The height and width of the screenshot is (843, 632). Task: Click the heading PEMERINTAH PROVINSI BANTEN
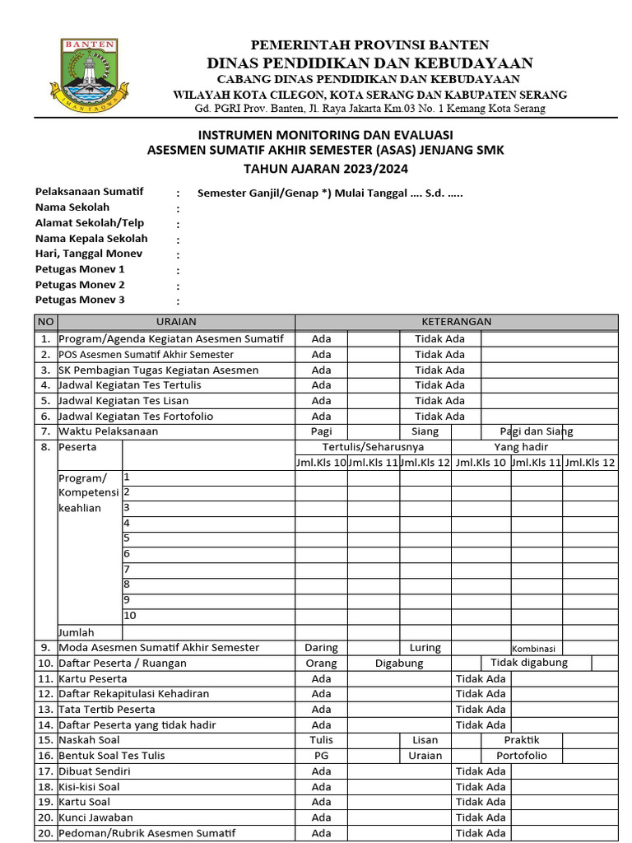point(369,44)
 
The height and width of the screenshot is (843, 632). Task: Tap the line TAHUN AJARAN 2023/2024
point(325,168)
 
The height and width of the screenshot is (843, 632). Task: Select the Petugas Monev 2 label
point(80,285)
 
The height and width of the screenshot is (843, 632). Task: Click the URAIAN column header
point(176,322)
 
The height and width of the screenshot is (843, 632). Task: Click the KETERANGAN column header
point(457,322)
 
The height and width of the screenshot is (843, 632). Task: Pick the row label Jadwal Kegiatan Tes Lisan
point(123,400)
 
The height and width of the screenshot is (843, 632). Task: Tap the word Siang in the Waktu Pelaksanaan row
point(425,431)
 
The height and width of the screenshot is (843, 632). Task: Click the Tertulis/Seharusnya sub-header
point(374,447)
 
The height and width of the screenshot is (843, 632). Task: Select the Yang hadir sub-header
point(521,447)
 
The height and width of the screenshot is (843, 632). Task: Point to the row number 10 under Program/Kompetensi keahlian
point(130,616)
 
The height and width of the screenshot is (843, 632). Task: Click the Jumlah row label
point(76,632)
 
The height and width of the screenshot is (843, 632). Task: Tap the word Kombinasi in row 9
point(534,649)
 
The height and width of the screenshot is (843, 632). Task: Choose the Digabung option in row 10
point(399,663)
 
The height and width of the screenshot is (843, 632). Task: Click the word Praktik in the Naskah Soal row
point(522,740)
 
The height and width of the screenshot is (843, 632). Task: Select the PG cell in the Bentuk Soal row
point(321,756)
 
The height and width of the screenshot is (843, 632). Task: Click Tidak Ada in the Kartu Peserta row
point(481,678)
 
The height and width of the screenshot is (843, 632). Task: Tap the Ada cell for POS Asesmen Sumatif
point(321,354)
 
